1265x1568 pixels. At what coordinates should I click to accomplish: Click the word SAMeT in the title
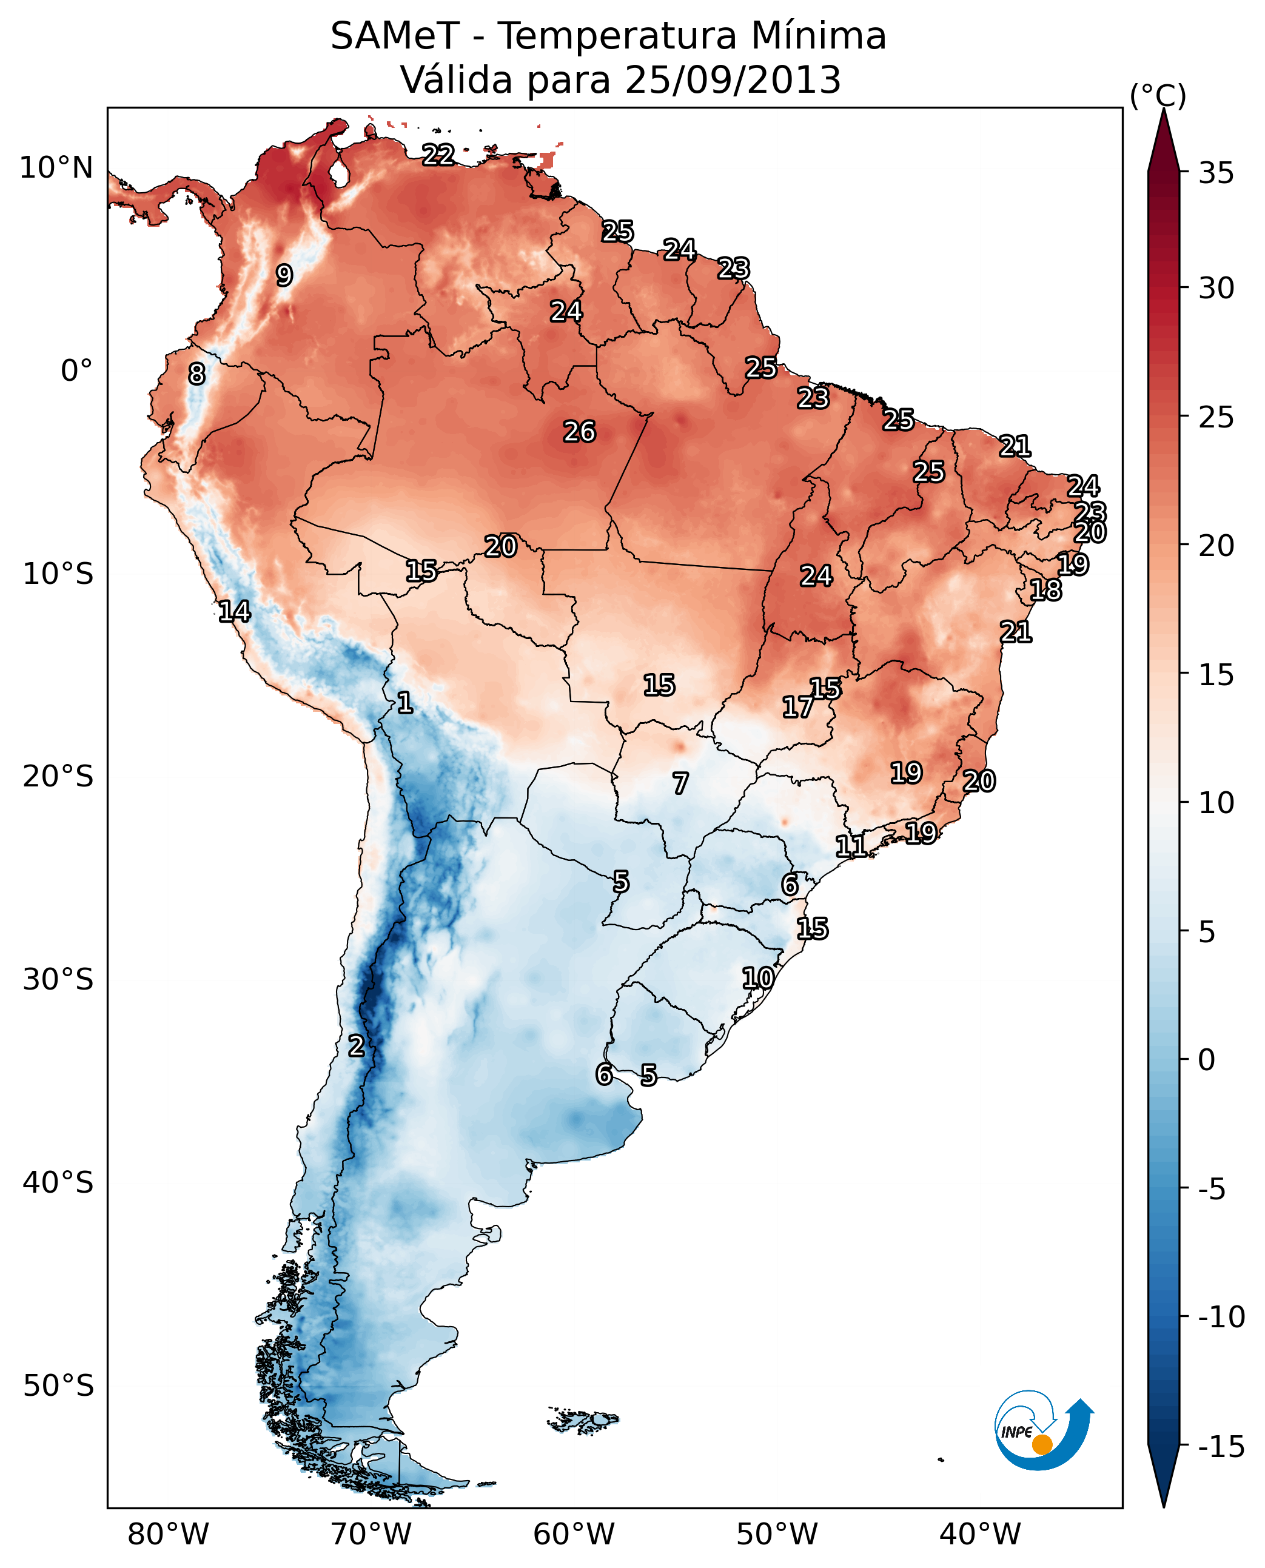point(394,36)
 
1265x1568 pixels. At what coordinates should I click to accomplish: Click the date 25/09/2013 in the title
point(733,79)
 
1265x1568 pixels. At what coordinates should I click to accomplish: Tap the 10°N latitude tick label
point(56,169)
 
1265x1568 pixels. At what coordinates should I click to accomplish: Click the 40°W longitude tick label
point(979,1535)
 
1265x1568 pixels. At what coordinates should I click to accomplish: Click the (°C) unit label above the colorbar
point(1158,95)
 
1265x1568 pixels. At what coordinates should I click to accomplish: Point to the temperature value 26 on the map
point(579,432)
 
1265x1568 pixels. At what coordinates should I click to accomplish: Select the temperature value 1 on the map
point(404,703)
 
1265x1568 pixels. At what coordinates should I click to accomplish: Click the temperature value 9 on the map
point(284,275)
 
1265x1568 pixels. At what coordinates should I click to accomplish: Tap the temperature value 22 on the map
point(438,155)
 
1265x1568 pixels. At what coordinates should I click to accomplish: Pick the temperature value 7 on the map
point(680,784)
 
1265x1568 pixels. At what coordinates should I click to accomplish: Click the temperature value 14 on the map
point(234,611)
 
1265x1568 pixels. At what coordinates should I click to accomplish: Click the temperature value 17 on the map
point(797,707)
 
